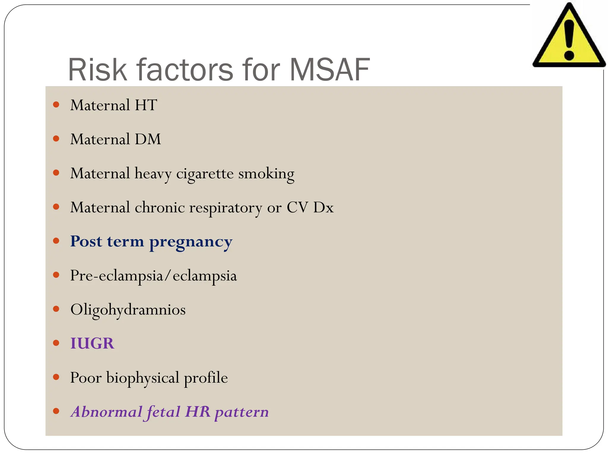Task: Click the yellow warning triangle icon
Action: point(569,37)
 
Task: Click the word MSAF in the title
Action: point(330,70)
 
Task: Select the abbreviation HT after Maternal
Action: point(146,105)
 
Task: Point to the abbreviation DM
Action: point(148,139)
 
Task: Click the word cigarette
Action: point(205,173)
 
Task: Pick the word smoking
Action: point(266,174)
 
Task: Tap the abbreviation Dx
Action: point(323,207)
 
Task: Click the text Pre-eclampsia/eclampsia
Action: point(153,276)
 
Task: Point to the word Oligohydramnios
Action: point(128,310)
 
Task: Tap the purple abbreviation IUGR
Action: point(92,343)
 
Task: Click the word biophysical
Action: point(142,378)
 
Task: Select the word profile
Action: point(206,378)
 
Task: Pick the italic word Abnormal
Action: point(106,412)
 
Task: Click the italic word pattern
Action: point(242,412)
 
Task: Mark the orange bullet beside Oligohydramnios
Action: point(56,309)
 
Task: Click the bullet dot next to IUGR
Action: point(56,343)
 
